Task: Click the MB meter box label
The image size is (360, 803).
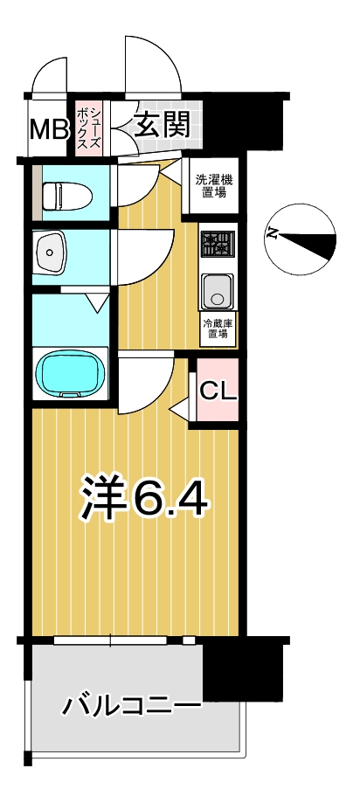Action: click(x=49, y=129)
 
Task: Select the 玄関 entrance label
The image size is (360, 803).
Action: click(x=162, y=123)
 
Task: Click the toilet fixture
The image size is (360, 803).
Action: click(x=66, y=196)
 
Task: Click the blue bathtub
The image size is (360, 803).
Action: click(x=73, y=373)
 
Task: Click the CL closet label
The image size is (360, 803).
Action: click(x=218, y=391)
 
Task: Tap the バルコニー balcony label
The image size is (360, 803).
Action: click(x=132, y=707)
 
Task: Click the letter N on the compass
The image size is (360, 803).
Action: click(x=272, y=234)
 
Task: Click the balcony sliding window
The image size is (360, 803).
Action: click(x=110, y=640)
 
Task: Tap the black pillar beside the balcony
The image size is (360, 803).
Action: click(x=243, y=668)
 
